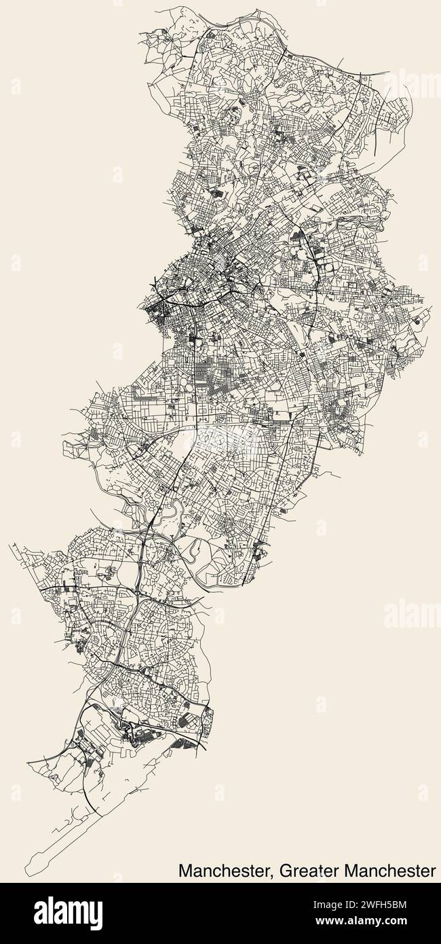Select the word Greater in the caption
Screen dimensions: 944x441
click(305, 870)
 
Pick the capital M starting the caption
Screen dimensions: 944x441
click(185, 870)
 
